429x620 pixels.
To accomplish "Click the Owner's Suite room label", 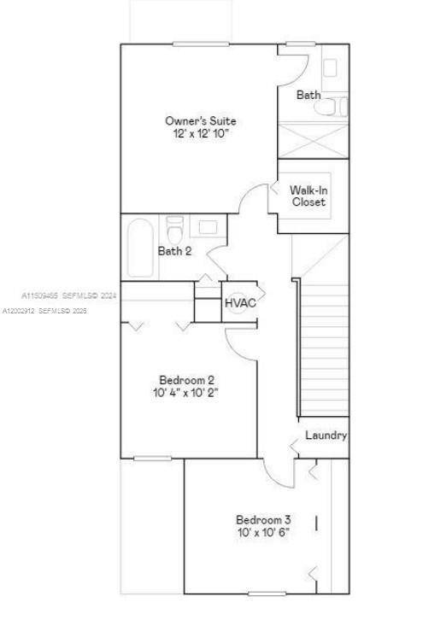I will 200,121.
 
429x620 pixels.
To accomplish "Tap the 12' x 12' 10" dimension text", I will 200,134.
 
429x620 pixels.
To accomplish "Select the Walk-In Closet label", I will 309,196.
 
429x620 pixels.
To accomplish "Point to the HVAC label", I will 240,302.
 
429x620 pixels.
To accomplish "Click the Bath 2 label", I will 174,251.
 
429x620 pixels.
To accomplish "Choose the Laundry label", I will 326,436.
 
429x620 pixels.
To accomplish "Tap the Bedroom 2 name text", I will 186,380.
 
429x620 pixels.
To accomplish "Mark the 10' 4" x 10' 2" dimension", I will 186,393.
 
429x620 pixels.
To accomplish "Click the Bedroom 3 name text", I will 263,519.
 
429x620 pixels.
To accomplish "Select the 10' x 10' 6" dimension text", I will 263,532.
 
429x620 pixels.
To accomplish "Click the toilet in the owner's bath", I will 336,107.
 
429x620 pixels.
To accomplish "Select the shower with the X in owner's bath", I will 314,140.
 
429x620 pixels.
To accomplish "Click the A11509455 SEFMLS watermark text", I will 68,295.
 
